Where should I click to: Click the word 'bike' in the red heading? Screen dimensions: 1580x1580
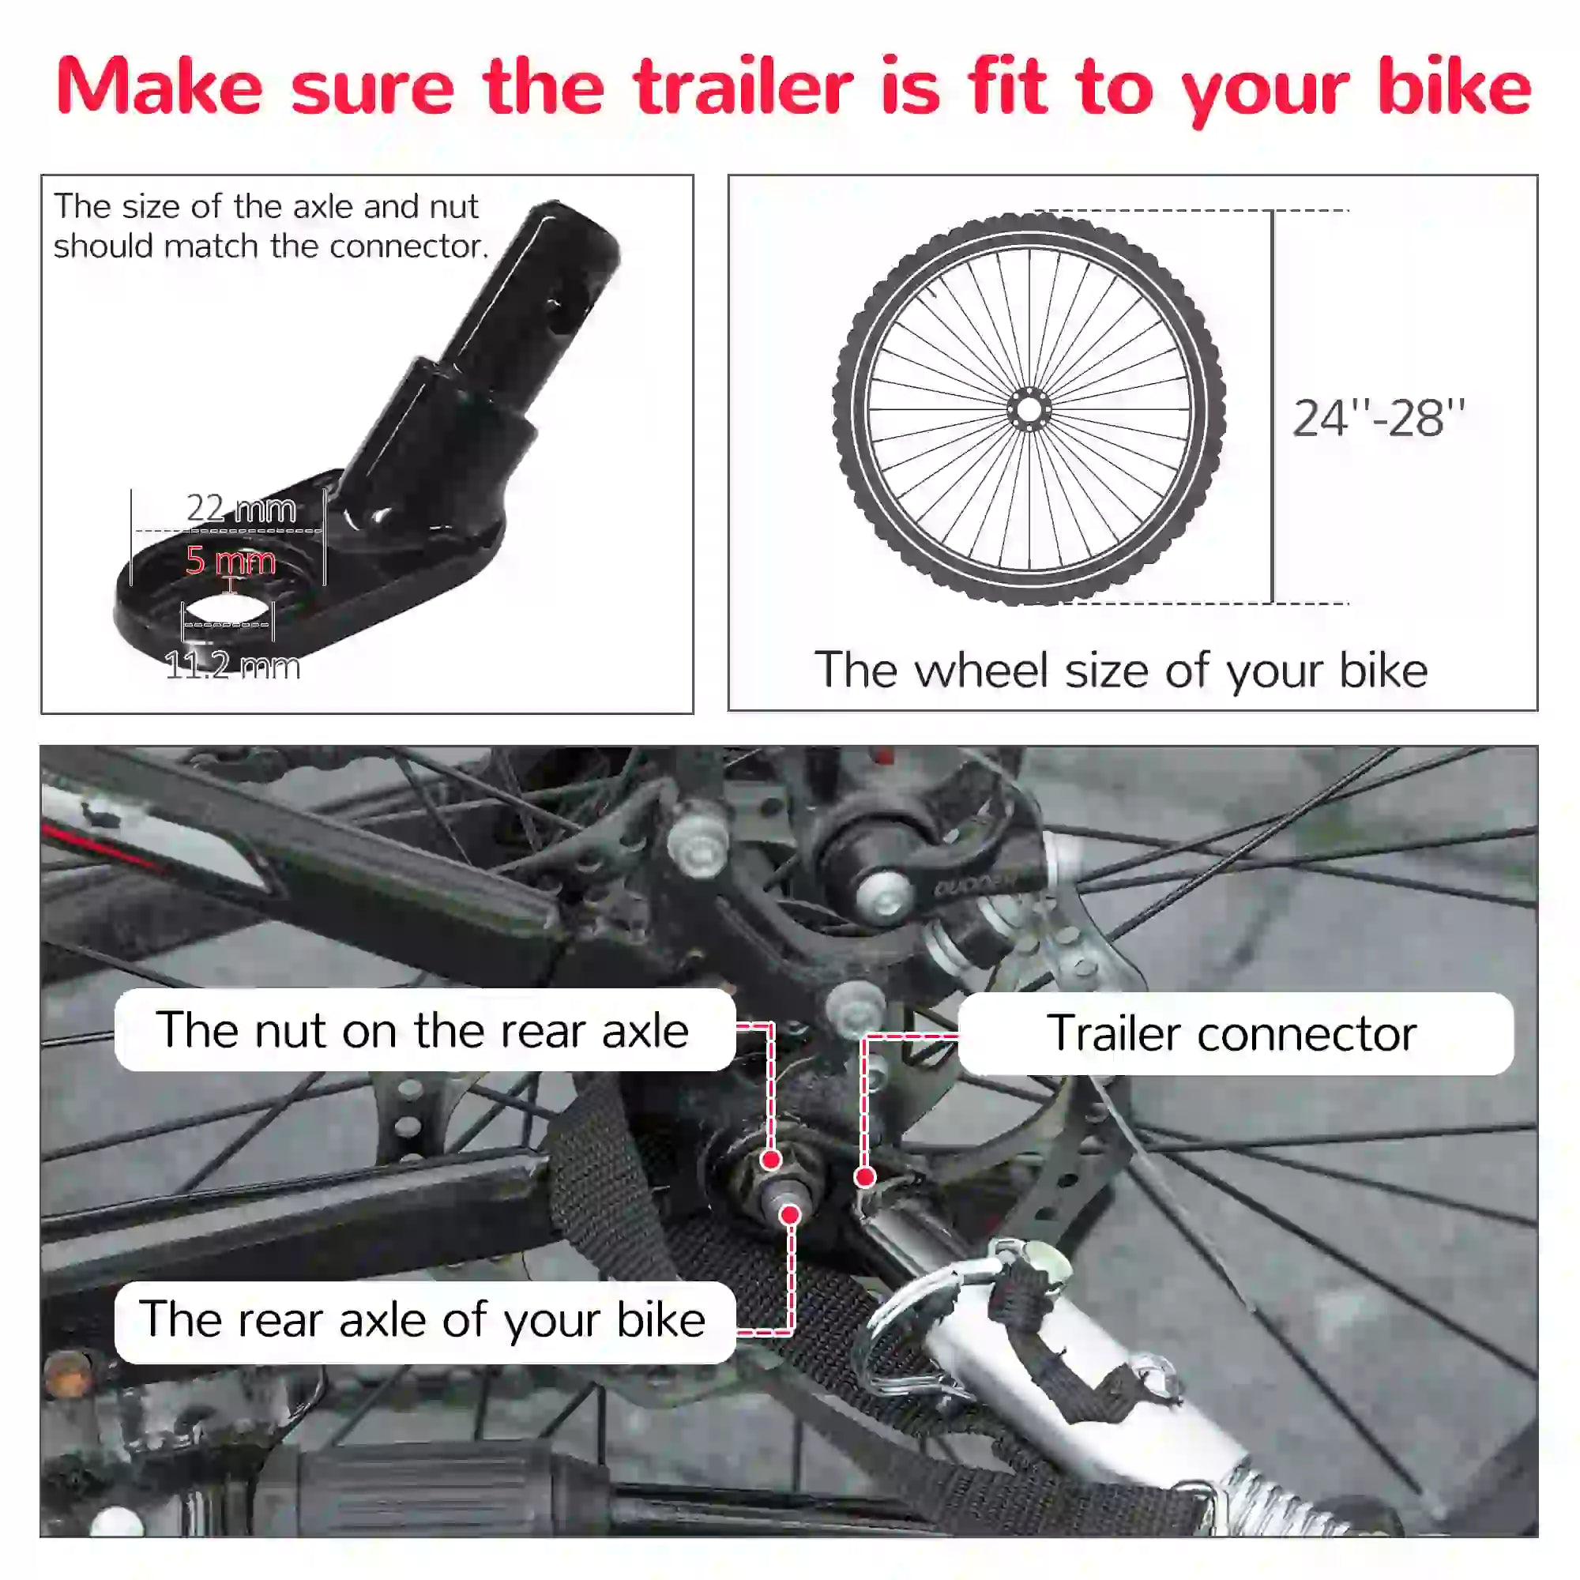(1454, 88)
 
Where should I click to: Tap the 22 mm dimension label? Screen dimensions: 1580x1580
(241, 509)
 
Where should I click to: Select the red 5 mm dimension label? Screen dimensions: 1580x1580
(231, 561)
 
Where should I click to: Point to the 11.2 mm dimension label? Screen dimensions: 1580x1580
(233, 666)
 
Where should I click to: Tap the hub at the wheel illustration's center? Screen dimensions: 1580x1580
(1029, 409)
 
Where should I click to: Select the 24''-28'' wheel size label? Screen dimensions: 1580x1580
(1379, 419)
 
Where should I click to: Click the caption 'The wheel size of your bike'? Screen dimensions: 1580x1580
(1121, 671)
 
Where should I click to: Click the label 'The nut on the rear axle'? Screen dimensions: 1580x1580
(423, 1030)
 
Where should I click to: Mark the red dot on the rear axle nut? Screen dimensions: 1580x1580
(770, 1160)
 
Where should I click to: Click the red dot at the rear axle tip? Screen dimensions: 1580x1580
(790, 1215)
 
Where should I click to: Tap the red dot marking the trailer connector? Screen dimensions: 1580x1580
(865, 1178)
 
